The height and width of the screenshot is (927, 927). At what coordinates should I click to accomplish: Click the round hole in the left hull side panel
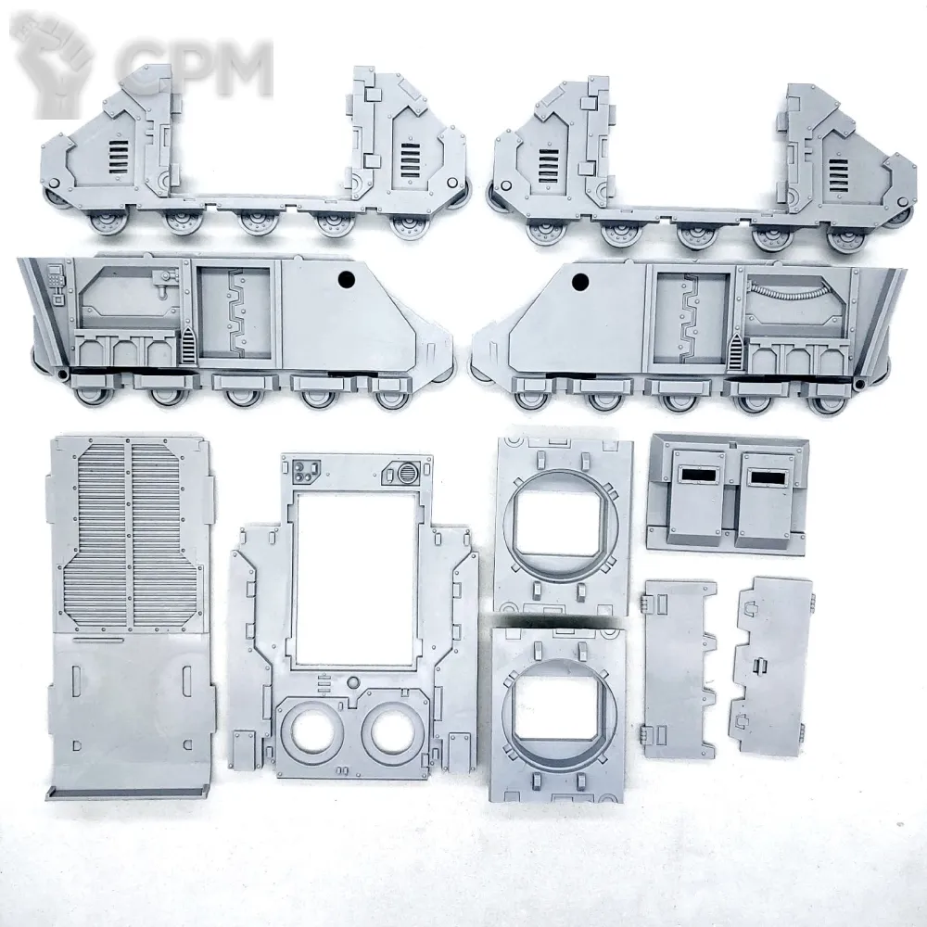pyautogui.click(x=346, y=278)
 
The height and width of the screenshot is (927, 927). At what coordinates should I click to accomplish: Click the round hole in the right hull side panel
pyautogui.click(x=580, y=280)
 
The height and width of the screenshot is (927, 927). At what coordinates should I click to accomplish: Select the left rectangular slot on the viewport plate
pyautogui.click(x=698, y=474)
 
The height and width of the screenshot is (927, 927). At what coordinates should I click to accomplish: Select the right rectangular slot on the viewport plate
pyautogui.click(x=767, y=476)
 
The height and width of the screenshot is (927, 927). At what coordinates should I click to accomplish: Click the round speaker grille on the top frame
pyautogui.click(x=407, y=474)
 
